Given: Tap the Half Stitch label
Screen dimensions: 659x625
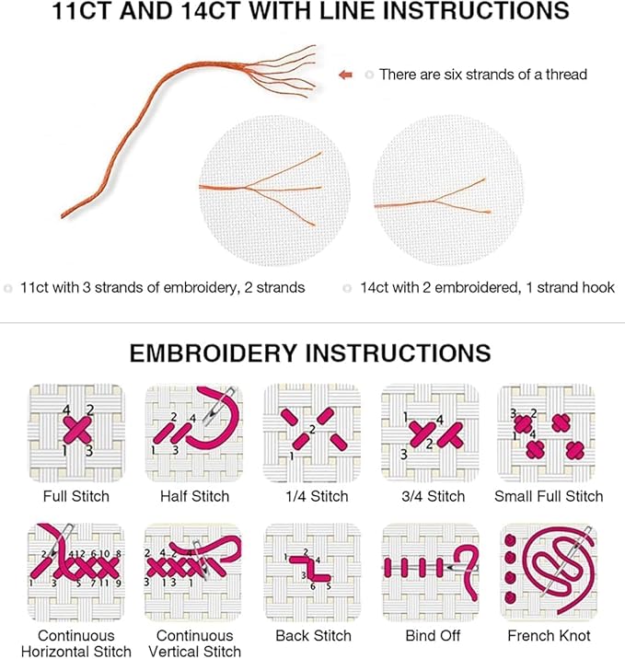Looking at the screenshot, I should pos(193,496).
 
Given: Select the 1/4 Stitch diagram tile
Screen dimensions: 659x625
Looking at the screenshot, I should pos(312,433).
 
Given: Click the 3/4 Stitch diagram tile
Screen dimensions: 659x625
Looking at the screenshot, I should pos(430,433).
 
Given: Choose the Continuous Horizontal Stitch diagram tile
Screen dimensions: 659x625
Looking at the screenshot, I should pos(76,572).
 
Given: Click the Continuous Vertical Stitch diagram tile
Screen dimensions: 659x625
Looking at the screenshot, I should pos(193,572).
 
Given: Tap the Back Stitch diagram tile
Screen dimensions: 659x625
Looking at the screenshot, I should pos(312,572).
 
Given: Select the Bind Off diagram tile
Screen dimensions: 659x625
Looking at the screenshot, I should pos(430,572).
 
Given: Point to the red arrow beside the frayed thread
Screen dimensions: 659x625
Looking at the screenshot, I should pos(345,75).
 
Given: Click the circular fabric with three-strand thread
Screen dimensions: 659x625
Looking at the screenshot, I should pos(274,190).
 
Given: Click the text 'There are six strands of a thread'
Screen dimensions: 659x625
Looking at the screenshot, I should pos(482,75).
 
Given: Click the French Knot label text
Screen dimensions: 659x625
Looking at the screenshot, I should pos(549,636).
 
